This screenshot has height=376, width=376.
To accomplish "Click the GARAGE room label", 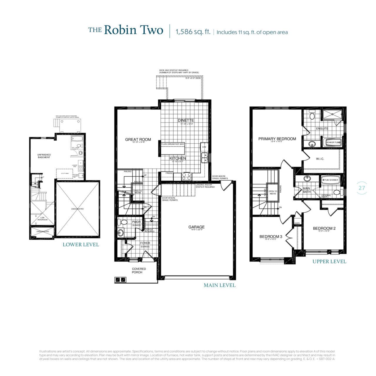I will click(197, 227).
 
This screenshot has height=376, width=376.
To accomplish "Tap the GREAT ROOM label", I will click(138, 140).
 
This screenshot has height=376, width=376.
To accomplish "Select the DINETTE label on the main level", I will click(186, 120).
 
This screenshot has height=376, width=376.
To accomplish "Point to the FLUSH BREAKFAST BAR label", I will click(173, 144).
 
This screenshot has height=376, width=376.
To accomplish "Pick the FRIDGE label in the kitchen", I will click(169, 173).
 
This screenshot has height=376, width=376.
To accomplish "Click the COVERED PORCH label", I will click(139, 271).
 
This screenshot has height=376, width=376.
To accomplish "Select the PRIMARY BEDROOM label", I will click(277, 139).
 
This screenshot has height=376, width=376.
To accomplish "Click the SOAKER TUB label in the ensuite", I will click(333, 142).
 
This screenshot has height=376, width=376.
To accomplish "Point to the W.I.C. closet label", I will click(320, 159).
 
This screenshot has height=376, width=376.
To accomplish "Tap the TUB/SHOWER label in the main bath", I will click(331, 180).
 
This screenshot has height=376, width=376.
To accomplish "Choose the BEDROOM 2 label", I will click(324, 229).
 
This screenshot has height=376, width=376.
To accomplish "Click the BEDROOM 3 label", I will click(271, 237).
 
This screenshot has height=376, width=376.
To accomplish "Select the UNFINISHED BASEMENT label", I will click(44, 156).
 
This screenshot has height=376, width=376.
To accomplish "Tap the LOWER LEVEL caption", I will click(81, 245).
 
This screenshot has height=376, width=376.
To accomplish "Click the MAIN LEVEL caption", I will click(219, 285).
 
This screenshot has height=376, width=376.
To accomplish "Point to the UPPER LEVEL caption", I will click(329, 261).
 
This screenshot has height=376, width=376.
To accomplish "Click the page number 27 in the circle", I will click(362, 187).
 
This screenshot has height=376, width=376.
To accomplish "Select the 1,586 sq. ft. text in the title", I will click(193, 32).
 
